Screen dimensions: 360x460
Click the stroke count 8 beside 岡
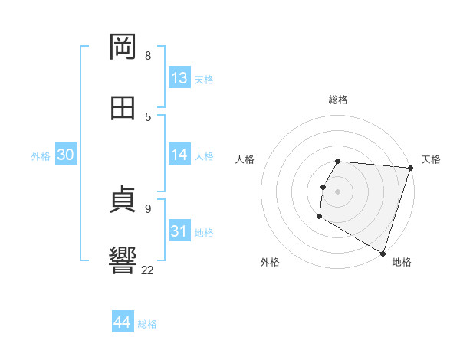click(148, 55)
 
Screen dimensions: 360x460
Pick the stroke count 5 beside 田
click(148, 116)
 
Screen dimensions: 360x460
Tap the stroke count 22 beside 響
click(148, 270)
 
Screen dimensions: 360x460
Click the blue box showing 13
click(179, 78)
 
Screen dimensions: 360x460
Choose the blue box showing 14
click(179, 155)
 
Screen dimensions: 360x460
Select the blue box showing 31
click(179, 231)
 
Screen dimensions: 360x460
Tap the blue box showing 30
click(66, 155)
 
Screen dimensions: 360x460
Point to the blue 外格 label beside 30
click(41, 156)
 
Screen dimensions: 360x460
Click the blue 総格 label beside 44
click(147, 324)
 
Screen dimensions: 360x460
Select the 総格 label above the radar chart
click(338, 100)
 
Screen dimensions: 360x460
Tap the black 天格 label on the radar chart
click(432, 159)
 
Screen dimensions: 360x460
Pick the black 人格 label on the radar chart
click(245, 159)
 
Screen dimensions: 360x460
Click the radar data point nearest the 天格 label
click(410, 168)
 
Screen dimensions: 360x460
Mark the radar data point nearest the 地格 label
click(383, 253)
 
